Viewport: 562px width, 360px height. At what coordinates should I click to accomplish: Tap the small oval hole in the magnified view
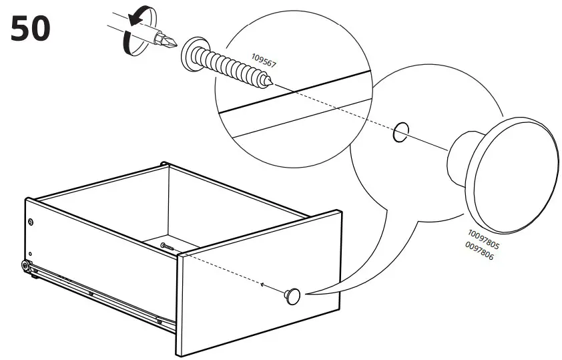point(400,132)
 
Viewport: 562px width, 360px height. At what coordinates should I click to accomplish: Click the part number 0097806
point(479,250)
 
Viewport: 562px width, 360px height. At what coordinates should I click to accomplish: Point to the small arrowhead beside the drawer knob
point(263,285)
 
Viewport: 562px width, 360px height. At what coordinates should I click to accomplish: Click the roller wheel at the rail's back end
point(25,265)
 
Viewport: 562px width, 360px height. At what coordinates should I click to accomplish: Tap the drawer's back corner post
point(165,164)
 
